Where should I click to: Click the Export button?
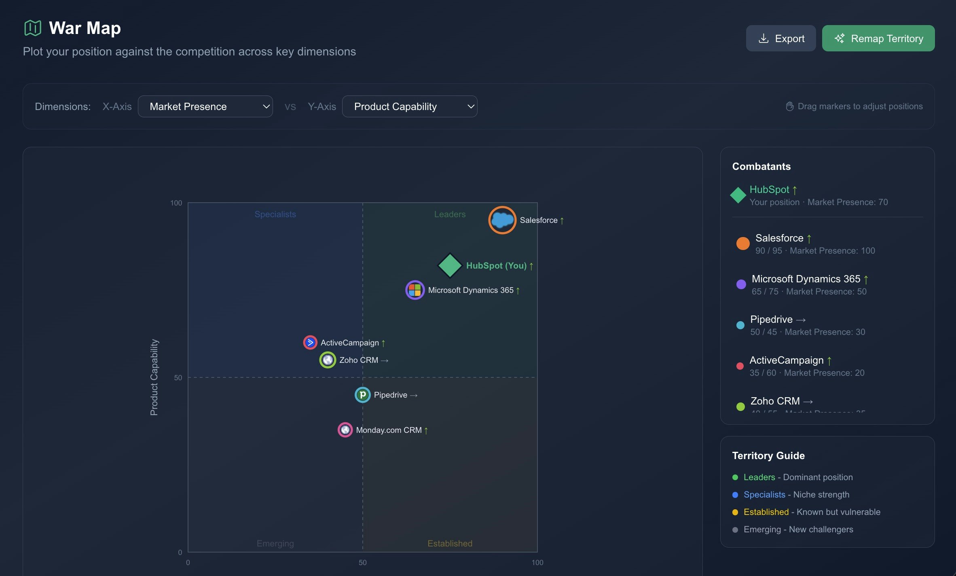click(x=780, y=38)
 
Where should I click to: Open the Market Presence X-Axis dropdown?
click(x=205, y=106)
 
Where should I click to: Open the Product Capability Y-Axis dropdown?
click(x=409, y=106)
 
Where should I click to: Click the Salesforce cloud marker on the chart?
click(x=502, y=220)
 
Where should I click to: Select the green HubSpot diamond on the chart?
click(x=450, y=266)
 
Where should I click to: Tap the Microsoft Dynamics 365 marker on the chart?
click(x=415, y=290)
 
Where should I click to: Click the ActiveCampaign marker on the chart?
click(x=310, y=343)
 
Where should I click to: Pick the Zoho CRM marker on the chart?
click(x=328, y=360)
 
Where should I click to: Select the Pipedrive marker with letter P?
click(x=362, y=395)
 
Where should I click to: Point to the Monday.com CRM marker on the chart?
click(x=345, y=430)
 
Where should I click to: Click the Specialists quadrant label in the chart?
click(x=275, y=214)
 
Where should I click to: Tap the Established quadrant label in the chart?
click(x=450, y=543)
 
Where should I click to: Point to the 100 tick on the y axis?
click(x=176, y=203)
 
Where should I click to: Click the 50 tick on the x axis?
click(x=363, y=562)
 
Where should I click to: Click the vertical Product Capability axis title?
click(x=154, y=377)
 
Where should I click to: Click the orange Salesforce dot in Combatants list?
click(x=743, y=244)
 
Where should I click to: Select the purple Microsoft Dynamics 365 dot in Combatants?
click(x=741, y=284)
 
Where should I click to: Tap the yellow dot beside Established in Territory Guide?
click(x=735, y=512)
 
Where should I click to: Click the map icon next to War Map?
click(x=33, y=28)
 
